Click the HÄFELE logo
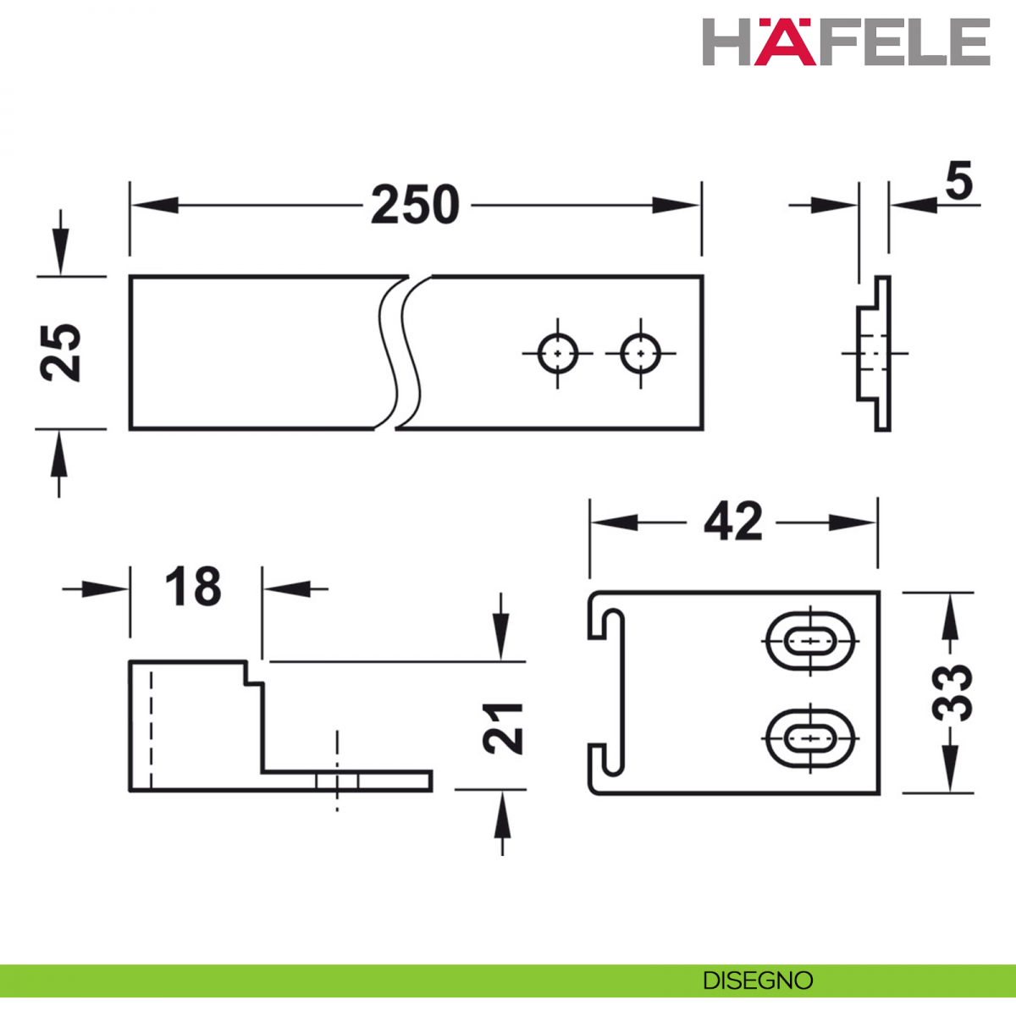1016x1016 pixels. pos(846,42)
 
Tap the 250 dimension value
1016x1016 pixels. pos(415,205)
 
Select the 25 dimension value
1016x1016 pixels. pos(60,353)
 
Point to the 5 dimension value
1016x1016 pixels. pos(958,182)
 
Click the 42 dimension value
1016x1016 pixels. pos(733,522)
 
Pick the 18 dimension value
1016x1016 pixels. pos(193,586)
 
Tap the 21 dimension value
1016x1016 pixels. pos(502,727)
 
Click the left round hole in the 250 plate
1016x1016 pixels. pos(558,353)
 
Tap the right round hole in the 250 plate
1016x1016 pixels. pos(641,353)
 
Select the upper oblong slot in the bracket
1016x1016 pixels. pos(810,641)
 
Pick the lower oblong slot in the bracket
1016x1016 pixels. pos(810,738)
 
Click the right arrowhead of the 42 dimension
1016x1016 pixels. pos(852,523)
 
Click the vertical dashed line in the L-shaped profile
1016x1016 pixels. pos(152,730)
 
